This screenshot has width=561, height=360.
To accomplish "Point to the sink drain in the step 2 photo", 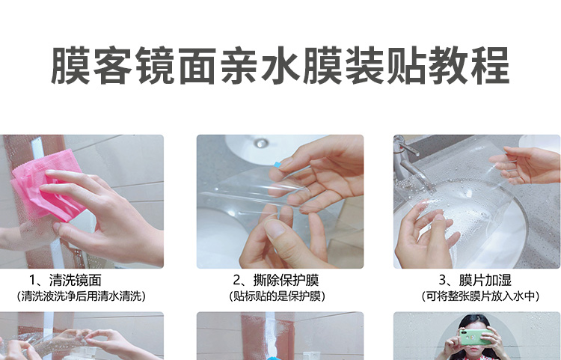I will (x=260, y=141).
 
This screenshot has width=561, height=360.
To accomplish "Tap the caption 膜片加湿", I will (x=485, y=281).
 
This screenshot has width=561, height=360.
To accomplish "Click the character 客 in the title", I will (x=109, y=66).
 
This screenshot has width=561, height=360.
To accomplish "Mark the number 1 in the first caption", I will (x=33, y=281).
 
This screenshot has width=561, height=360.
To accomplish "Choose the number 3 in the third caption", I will (x=443, y=281).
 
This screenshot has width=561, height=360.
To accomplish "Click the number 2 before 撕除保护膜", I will (x=237, y=281).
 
